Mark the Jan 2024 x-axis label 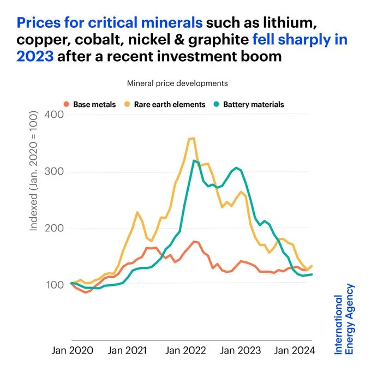click(x=294, y=351)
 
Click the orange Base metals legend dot click(x=67, y=104)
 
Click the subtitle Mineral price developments click(x=177, y=83)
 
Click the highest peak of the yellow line click(x=192, y=138)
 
